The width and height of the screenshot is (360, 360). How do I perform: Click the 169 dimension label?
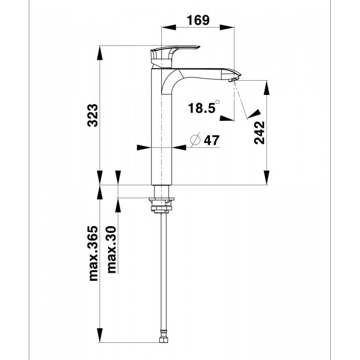click(198, 20)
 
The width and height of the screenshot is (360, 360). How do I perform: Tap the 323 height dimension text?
click(93, 116)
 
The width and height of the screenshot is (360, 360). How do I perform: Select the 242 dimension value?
click(259, 132)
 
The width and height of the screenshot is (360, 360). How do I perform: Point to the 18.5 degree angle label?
click(202, 108)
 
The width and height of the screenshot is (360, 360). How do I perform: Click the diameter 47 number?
click(212, 140)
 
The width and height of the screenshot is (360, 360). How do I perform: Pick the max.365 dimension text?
click(93, 253)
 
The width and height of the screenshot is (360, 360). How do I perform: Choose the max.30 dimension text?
click(111, 250)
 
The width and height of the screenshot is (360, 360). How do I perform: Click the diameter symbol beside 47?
click(195, 139)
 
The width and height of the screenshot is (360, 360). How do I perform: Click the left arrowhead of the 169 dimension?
click(169, 27)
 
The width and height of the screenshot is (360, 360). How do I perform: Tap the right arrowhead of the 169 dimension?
click(227, 27)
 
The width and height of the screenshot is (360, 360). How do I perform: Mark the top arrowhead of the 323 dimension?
click(100, 53)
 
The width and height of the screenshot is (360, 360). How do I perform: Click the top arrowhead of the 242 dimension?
click(266, 87)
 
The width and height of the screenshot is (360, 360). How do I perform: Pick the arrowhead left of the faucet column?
click(144, 147)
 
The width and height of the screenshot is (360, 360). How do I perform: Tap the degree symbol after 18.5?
click(217, 101)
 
